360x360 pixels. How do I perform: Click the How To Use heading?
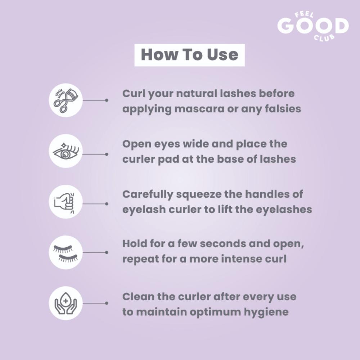[x=189, y=55]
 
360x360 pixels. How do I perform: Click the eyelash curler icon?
[x=66, y=100]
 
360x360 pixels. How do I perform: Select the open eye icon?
[x=66, y=151]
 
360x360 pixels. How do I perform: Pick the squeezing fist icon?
[x=64, y=202]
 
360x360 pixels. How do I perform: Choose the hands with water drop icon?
[x=66, y=303]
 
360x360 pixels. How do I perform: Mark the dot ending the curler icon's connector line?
[x=107, y=100]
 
